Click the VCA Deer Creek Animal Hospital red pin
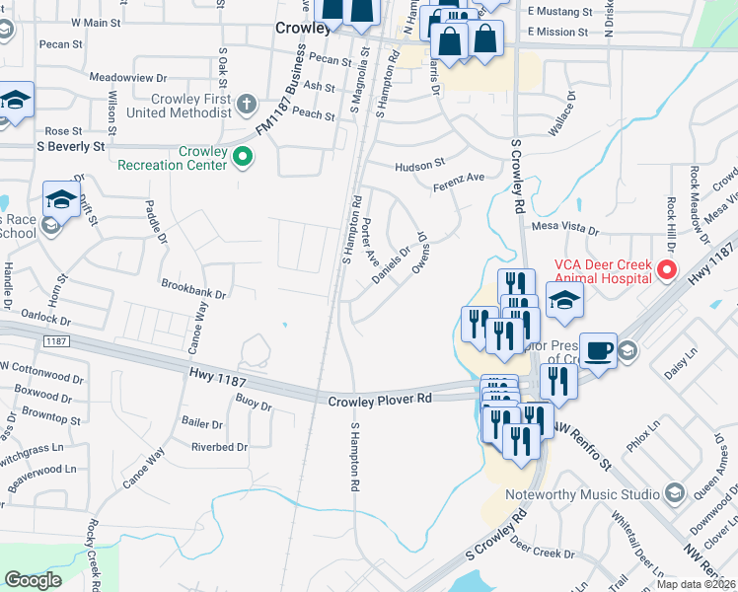[x=667, y=268]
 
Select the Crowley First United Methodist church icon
[x=247, y=103]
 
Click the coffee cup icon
[x=600, y=350]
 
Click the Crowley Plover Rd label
[x=381, y=398]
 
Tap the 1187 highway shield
[x=53, y=340]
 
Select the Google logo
[x=33, y=580]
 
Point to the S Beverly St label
[x=70, y=146]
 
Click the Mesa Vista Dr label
[x=565, y=226]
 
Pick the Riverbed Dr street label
[x=219, y=447]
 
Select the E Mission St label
[x=557, y=32]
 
